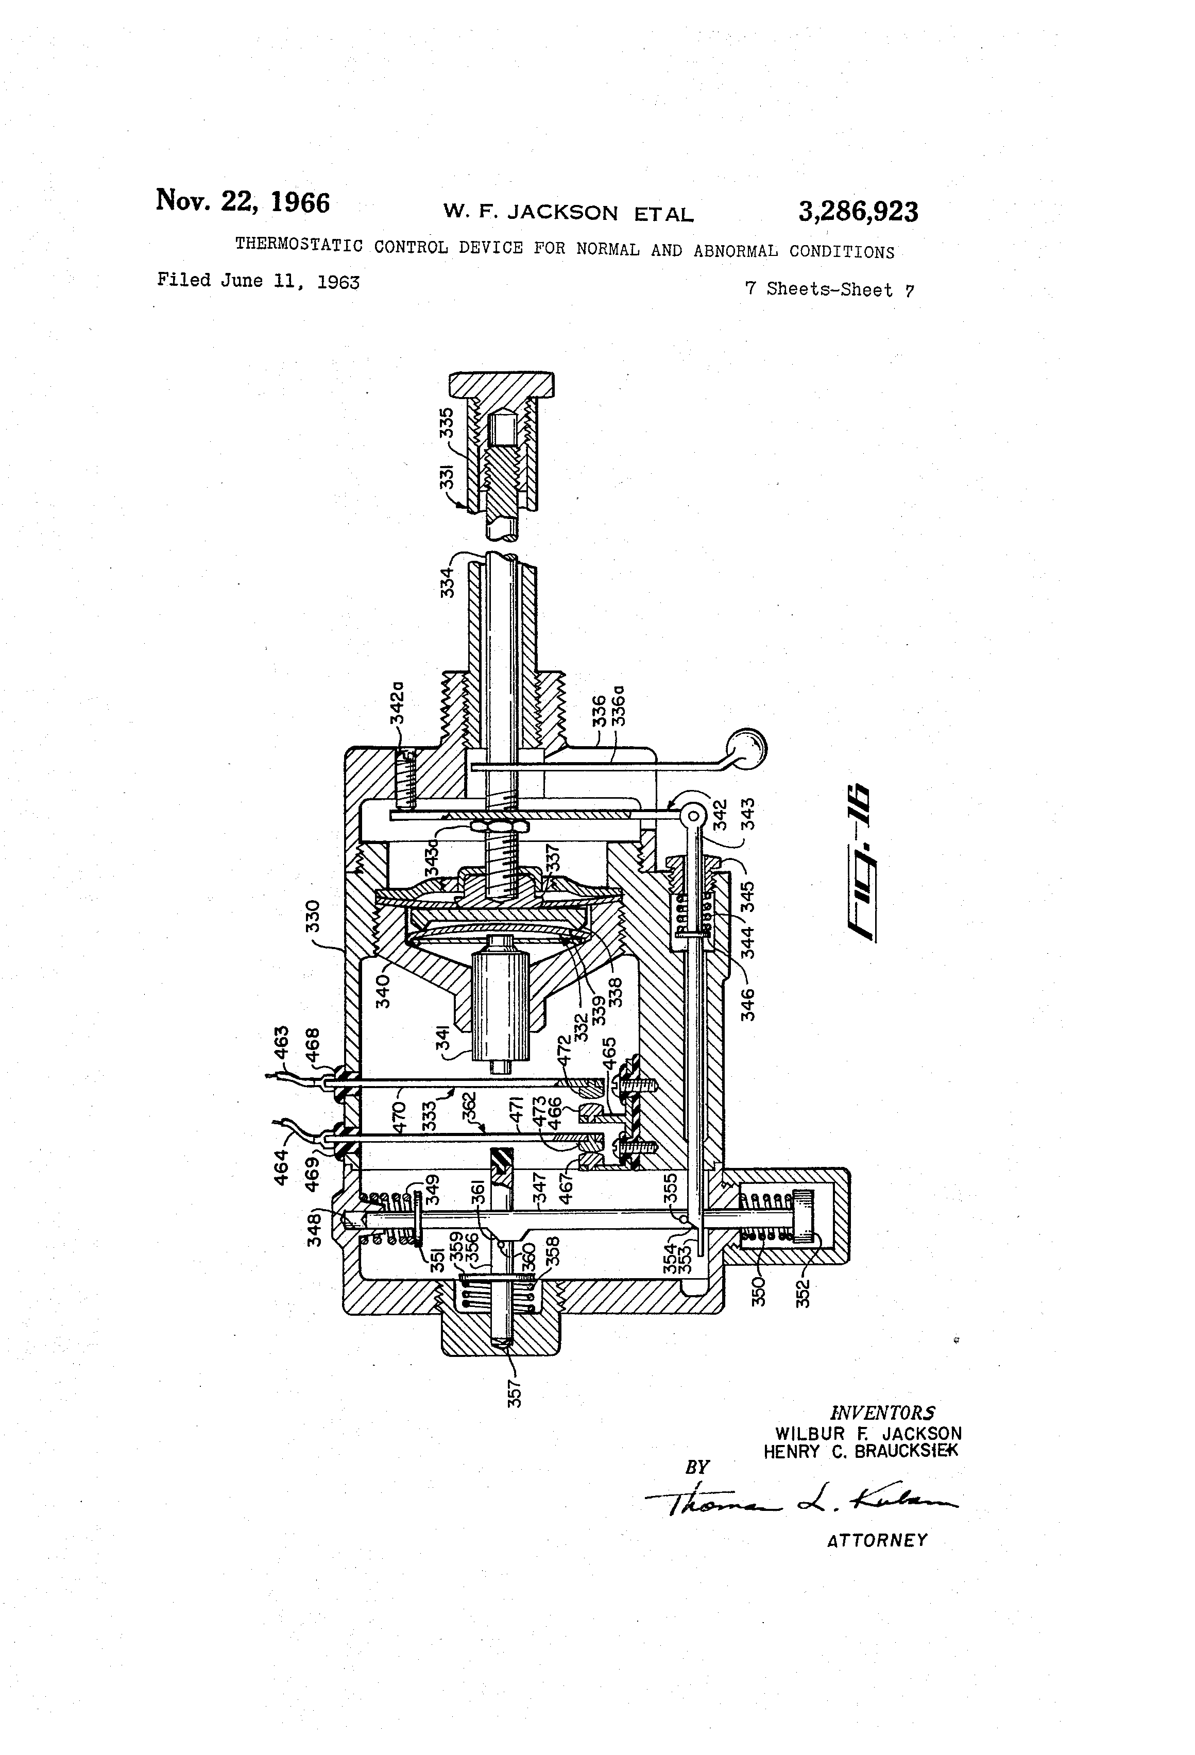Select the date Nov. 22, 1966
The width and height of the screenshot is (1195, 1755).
pyautogui.click(x=243, y=202)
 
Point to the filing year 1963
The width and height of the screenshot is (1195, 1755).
pyautogui.click(x=338, y=282)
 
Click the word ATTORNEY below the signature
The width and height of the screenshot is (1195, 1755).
pyautogui.click(x=876, y=1541)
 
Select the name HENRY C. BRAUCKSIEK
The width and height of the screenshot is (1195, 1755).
pyautogui.click(x=860, y=1451)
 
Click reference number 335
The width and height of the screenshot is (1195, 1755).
pyautogui.click(x=447, y=423)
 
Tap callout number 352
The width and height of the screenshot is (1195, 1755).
pyautogui.click(x=803, y=1292)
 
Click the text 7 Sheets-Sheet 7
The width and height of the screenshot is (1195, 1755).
pyautogui.click(x=829, y=289)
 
